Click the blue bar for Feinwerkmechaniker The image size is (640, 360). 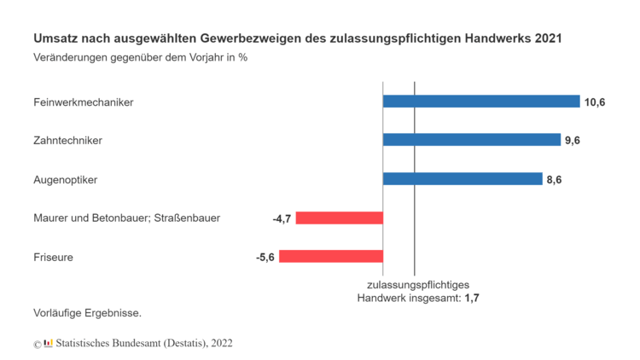click(x=481, y=102)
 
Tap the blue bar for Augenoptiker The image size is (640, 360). click(x=463, y=179)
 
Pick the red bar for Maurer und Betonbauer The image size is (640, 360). click(x=340, y=218)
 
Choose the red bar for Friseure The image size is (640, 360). click(x=331, y=256)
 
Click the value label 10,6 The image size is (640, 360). click(x=595, y=102)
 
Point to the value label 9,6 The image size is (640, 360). click(x=573, y=141)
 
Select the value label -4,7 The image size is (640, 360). click(x=282, y=218)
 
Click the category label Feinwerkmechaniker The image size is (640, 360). click(x=84, y=102)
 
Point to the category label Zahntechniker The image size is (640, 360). click(x=67, y=141)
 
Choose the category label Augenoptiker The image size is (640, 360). click(x=66, y=179)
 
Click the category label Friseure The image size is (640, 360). click(x=53, y=257)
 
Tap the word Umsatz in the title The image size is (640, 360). click(x=54, y=39)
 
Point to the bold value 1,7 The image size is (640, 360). click(x=472, y=298)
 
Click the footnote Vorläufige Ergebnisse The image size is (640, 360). click(x=87, y=313)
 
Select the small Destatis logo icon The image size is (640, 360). click(x=48, y=343)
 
